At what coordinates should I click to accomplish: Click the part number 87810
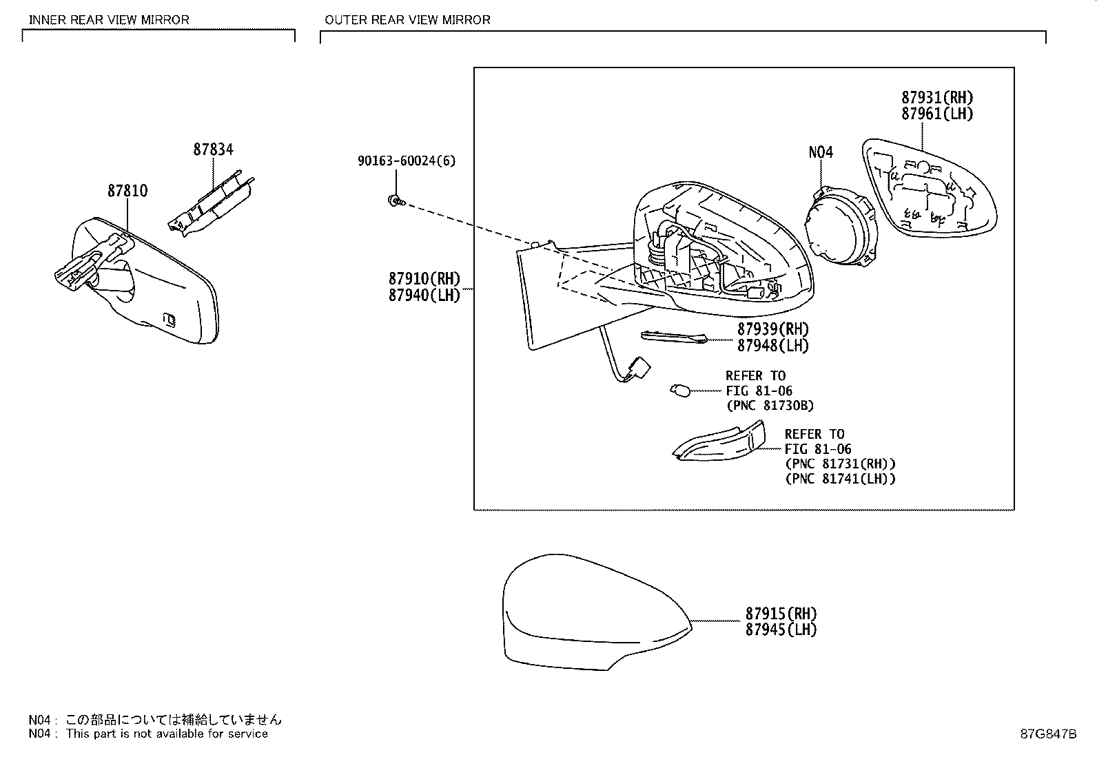coord(127,191)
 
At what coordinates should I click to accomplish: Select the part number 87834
coord(213,149)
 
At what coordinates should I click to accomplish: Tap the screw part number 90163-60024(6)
coord(407,160)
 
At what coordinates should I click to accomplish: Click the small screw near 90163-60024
coord(396,200)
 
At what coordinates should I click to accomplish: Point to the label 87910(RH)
coord(424,278)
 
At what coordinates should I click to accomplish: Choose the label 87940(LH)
coord(424,295)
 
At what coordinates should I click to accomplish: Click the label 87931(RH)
coord(937,97)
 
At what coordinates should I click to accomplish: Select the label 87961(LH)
coord(937,114)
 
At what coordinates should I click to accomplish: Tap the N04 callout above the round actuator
coord(821,152)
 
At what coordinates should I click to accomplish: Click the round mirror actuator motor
coord(841,226)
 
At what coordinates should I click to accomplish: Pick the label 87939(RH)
coord(773,329)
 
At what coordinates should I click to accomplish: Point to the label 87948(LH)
coord(773,346)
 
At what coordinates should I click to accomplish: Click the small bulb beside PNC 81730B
coord(680,391)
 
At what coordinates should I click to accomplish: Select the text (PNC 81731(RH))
coord(841,464)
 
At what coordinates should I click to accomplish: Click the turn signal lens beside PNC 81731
coord(719,442)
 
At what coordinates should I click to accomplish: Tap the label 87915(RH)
coord(781,614)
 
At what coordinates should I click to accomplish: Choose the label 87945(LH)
coord(781,630)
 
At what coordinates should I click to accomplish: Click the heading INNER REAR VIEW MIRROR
coord(109,20)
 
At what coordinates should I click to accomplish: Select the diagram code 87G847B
coord(1049,734)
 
